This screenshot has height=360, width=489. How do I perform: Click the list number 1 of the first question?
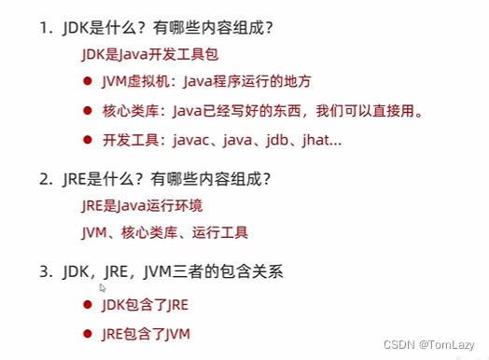pyautogui.click(x=44, y=29)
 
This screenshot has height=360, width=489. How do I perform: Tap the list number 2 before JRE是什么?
pyautogui.click(x=44, y=179)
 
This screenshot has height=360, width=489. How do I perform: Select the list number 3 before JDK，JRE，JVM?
pyautogui.click(x=44, y=271)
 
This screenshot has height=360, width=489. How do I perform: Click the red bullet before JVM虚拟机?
pyautogui.click(x=88, y=81)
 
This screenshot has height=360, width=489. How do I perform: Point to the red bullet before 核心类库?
pyautogui.click(x=88, y=111)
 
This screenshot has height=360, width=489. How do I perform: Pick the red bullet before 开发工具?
pyautogui.click(x=88, y=140)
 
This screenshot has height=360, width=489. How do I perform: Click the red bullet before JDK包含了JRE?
pyautogui.click(x=88, y=305)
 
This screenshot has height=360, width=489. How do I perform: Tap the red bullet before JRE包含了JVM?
pyautogui.click(x=88, y=334)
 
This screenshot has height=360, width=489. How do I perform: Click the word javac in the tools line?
pyautogui.click(x=191, y=140)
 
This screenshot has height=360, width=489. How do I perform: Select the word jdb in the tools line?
pyautogui.click(x=277, y=140)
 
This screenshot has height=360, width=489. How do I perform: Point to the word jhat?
pyautogui.click(x=315, y=140)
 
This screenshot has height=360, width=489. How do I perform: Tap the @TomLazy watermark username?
pyautogui.click(x=447, y=345)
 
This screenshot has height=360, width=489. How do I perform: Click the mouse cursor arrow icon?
pyautogui.click(x=103, y=288)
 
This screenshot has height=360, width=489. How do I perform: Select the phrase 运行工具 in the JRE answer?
pyautogui.click(x=220, y=232)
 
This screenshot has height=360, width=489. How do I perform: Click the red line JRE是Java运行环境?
pyautogui.click(x=142, y=206)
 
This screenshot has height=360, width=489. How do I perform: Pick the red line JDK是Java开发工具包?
pyautogui.click(x=149, y=54)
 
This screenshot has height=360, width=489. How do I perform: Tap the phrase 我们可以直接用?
pyautogui.click(x=365, y=111)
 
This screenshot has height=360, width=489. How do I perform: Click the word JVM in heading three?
pyautogui.click(x=157, y=271)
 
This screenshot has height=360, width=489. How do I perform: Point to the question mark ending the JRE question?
pyautogui.click(x=266, y=179)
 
